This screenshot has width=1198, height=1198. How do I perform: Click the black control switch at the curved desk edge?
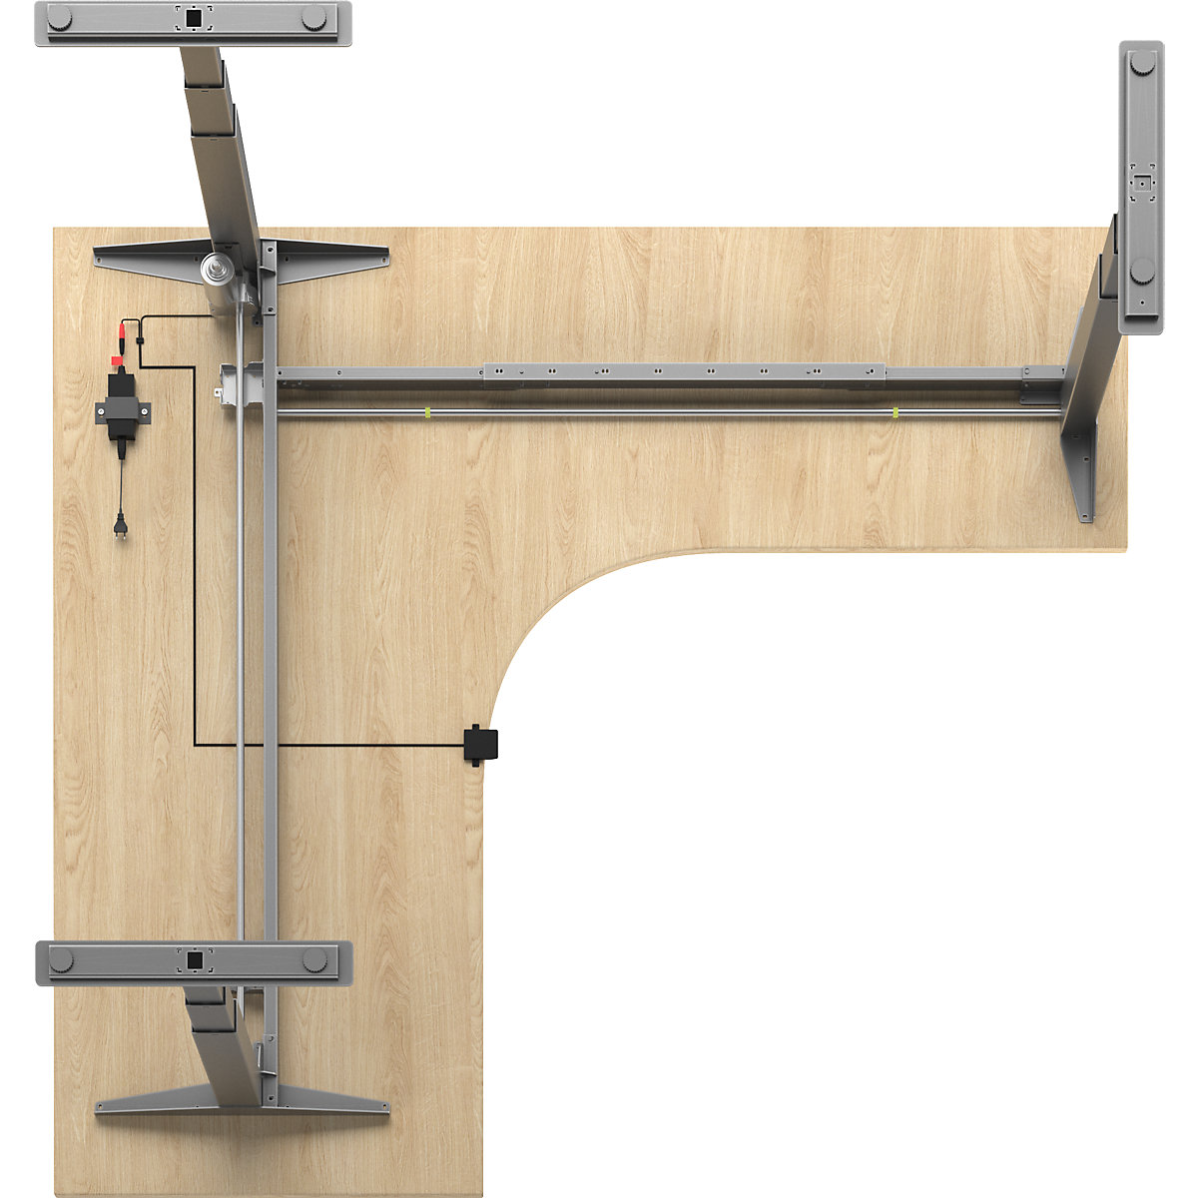[x=481, y=745]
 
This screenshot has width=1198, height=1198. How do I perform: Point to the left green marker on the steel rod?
[x=426, y=412]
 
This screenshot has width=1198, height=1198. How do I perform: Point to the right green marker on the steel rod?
[x=896, y=412]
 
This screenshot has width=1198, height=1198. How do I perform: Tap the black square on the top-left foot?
[x=194, y=17]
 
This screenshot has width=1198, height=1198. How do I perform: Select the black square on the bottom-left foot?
[x=194, y=960]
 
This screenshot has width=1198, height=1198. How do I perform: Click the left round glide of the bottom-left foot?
[x=62, y=960]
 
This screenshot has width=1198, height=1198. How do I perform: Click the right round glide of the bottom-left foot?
[x=314, y=960]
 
